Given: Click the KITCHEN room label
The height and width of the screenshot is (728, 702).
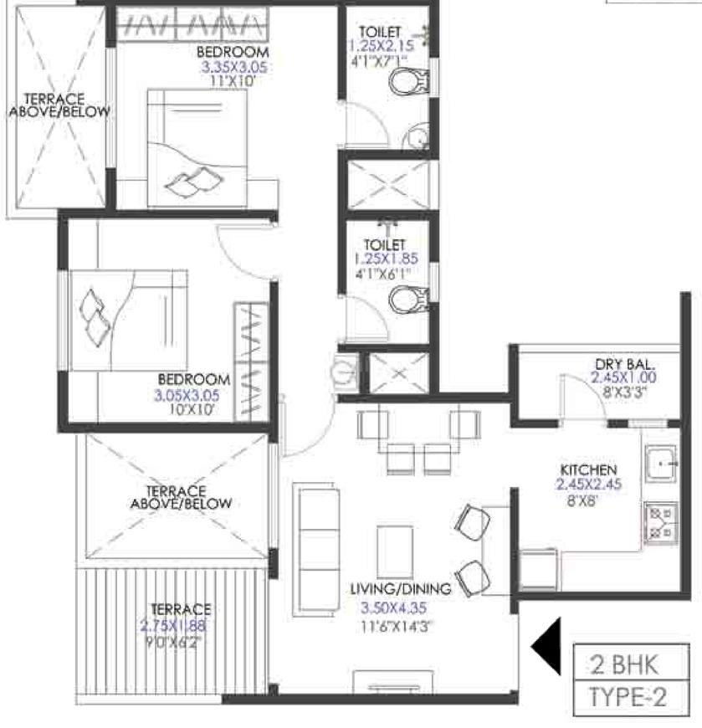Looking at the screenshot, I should pyautogui.click(x=590, y=469).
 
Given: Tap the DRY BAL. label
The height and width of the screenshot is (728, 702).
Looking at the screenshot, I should pyautogui.click(x=624, y=364).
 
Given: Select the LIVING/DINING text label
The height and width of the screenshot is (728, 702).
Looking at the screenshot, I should pyautogui.click(x=400, y=589).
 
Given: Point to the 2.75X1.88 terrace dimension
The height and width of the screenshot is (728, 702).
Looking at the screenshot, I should pyautogui.click(x=173, y=625).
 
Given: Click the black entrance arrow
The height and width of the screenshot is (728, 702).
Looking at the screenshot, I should pyautogui.click(x=547, y=646).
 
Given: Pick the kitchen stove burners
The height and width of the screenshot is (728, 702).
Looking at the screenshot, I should pyautogui.click(x=658, y=523).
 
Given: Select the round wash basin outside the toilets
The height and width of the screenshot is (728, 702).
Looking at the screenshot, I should pyautogui.click(x=344, y=368).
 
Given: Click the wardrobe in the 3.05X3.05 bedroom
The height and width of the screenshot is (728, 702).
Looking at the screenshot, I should pyautogui.click(x=251, y=359).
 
